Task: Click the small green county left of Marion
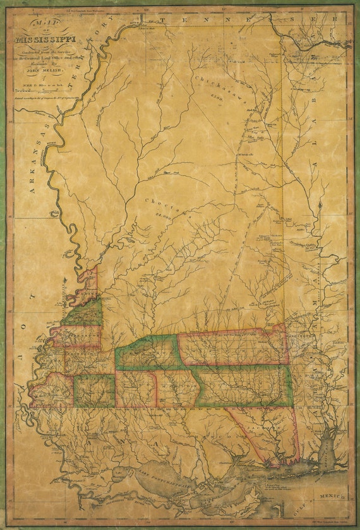pos(94,390)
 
